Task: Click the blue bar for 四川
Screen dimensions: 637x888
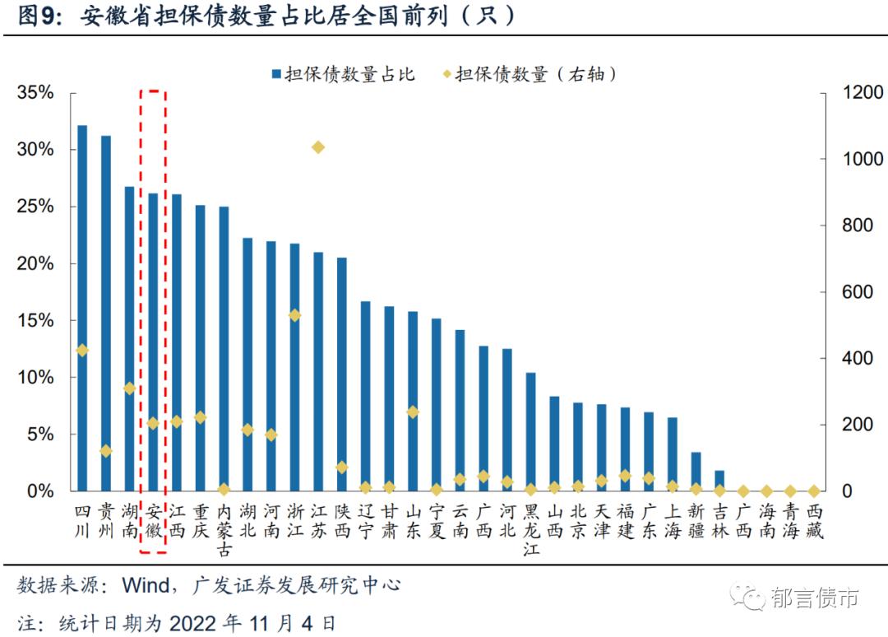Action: (x=81, y=309)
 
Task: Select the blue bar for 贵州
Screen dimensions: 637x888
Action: (x=105, y=314)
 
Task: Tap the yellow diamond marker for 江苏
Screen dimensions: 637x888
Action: (x=318, y=147)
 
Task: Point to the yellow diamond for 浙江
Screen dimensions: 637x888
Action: (x=294, y=315)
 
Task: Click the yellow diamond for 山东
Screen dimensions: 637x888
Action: (x=413, y=412)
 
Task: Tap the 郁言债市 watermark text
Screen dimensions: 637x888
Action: (x=814, y=599)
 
